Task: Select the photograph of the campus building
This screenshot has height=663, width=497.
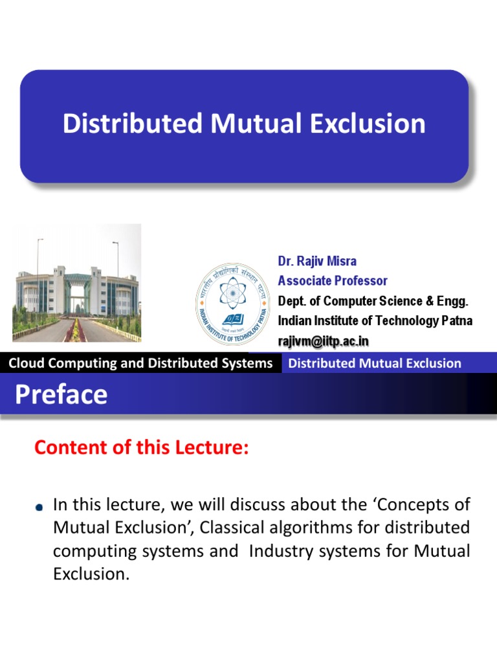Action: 77,283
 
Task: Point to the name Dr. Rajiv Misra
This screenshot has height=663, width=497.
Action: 317,262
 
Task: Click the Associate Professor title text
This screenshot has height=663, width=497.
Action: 333,281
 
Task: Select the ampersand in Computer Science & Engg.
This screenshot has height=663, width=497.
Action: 427,301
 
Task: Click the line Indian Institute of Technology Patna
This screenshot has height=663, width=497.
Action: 375,321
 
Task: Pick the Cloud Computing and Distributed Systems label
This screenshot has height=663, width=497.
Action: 140,363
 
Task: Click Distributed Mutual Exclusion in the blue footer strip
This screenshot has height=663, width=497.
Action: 375,363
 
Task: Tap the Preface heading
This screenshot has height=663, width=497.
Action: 61,394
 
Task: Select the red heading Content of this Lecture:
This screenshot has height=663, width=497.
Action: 141,448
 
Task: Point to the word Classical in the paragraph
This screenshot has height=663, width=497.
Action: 236,528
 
